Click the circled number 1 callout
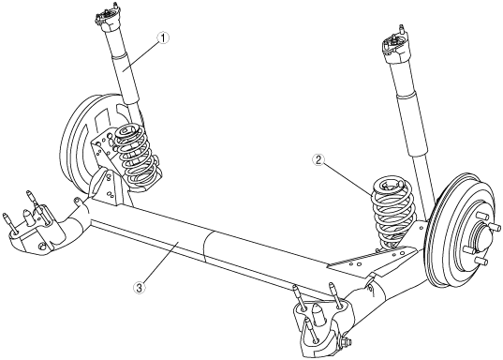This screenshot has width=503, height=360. coord(163,37)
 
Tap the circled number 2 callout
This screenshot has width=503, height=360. coord(318,160)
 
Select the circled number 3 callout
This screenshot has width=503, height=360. coord(139,288)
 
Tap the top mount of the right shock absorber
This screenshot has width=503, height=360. coord(393,44)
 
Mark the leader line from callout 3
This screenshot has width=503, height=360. coord(159,263)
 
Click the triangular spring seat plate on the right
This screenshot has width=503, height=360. coord(372,260)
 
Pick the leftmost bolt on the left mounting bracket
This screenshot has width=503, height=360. coord(9,222)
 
